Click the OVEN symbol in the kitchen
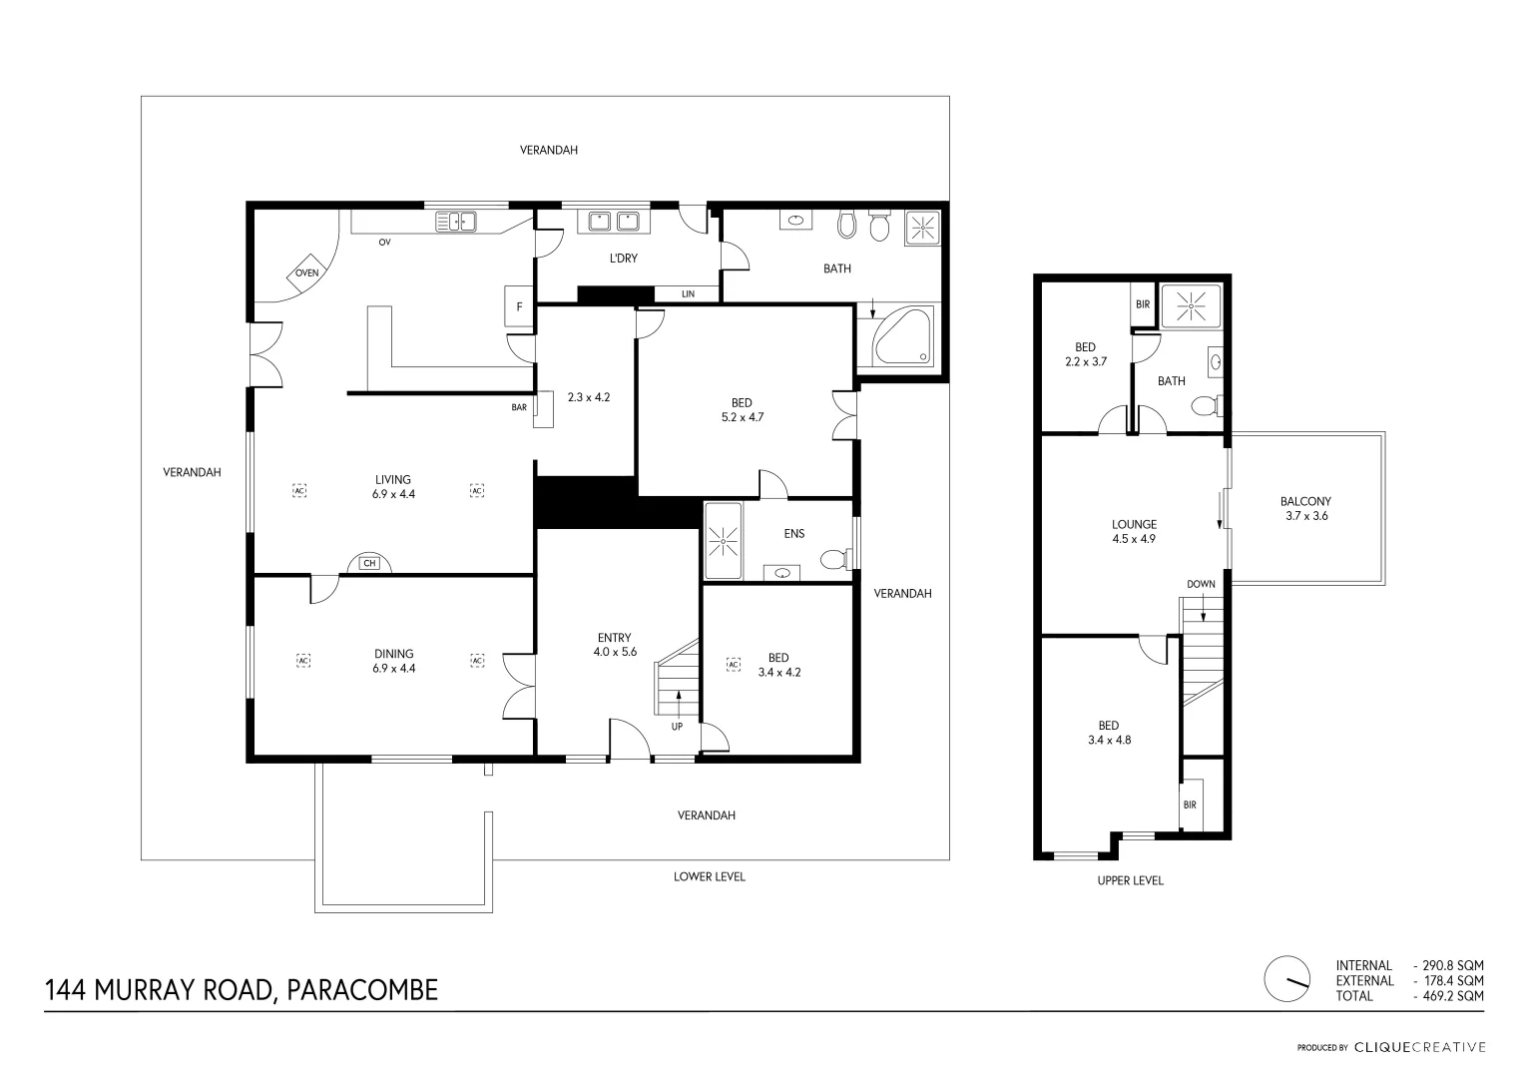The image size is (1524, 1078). pos(307,272)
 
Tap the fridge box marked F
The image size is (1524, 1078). pos(518,306)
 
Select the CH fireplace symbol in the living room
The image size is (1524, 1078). pos(369,563)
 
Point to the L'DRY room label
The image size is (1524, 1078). pos(623,258)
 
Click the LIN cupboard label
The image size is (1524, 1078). pos(688,294)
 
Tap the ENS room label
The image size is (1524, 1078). pos(794,534)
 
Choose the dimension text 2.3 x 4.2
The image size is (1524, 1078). pos(589,397)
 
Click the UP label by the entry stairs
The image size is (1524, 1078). pos(677,727)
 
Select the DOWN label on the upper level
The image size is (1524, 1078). pos(1201,584)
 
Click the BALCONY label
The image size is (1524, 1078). pos(1305,501)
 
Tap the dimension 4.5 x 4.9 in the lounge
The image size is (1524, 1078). pos(1134,539)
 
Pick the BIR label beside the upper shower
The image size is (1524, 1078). pos(1143,304)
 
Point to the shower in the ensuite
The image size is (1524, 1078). pos(723,541)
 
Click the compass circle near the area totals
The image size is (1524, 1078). pos(1287,978)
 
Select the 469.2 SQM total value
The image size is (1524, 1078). pos(1452,996)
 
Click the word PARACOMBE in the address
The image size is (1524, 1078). pos(362,990)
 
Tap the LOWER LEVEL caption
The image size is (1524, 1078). pos(709,876)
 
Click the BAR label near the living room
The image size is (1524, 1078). pos(519,407)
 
